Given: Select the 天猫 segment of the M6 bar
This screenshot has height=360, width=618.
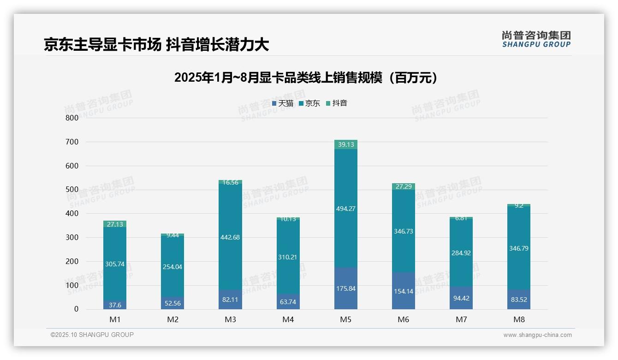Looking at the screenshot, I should [x=403, y=291].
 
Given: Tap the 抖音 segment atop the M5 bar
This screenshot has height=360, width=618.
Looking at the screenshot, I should [x=345, y=144].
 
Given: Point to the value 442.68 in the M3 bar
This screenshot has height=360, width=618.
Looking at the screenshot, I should [x=230, y=237].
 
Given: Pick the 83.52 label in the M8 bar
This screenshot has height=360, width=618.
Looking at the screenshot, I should [x=518, y=299].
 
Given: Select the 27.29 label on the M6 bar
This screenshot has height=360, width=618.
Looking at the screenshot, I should [x=403, y=186].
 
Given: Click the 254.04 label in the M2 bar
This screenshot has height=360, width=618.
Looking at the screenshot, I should [x=172, y=267].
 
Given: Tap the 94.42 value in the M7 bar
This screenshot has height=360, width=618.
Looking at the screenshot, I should [x=461, y=298].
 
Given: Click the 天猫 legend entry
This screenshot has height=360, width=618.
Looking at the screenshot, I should [x=283, y=103].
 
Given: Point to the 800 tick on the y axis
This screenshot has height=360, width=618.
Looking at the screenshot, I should [x=71, y=118].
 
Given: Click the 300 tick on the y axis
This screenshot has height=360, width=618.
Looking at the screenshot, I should [x=71, y=237].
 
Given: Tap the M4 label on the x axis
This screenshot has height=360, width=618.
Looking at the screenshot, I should [x=288, y=319].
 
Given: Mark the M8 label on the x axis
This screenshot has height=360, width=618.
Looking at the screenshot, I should [x=518, y=319].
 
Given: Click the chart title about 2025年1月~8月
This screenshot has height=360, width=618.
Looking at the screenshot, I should [x=306, y=78].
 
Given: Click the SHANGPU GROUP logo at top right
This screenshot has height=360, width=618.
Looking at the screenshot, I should [x=536, y=39].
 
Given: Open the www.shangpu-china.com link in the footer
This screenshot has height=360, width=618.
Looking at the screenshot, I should [x=537, y=335].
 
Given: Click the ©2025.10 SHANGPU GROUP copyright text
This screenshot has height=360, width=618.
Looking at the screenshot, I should [x=92, y=335].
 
